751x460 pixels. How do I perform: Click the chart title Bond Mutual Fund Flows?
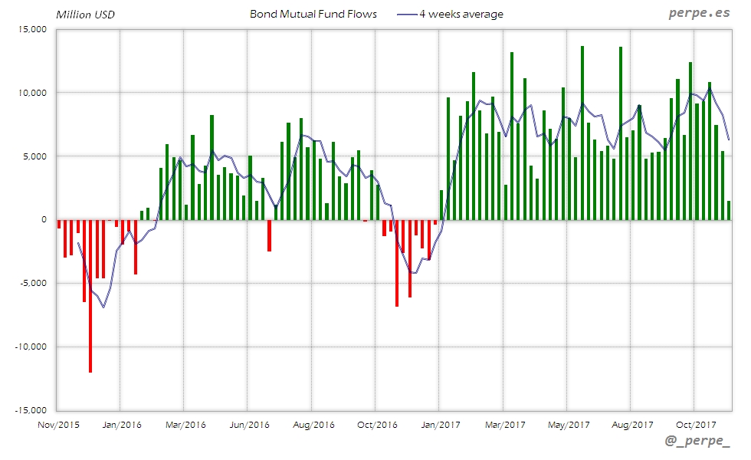(x=313, y=14)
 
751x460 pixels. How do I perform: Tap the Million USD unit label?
(x=85, y=15)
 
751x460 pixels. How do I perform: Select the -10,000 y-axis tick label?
(x=31, y=347)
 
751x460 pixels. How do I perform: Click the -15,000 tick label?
(x=31, y=410)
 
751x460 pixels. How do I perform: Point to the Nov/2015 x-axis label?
(x=58, y=423)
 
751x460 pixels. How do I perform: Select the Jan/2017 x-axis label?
(x=438, y=423)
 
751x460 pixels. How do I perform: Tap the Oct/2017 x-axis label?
(x=694, y=423)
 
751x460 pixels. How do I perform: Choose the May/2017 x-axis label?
(x=566, y=423)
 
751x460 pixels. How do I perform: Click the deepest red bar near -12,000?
(x=90, y=295)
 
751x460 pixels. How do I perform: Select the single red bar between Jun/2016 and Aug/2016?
(x=269, y=235)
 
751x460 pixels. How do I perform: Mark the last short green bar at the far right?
(x=729, y=211)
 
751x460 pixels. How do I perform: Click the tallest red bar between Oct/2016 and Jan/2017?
(x=397, y=263)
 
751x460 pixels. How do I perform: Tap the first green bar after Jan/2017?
(x=441, y=205)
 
